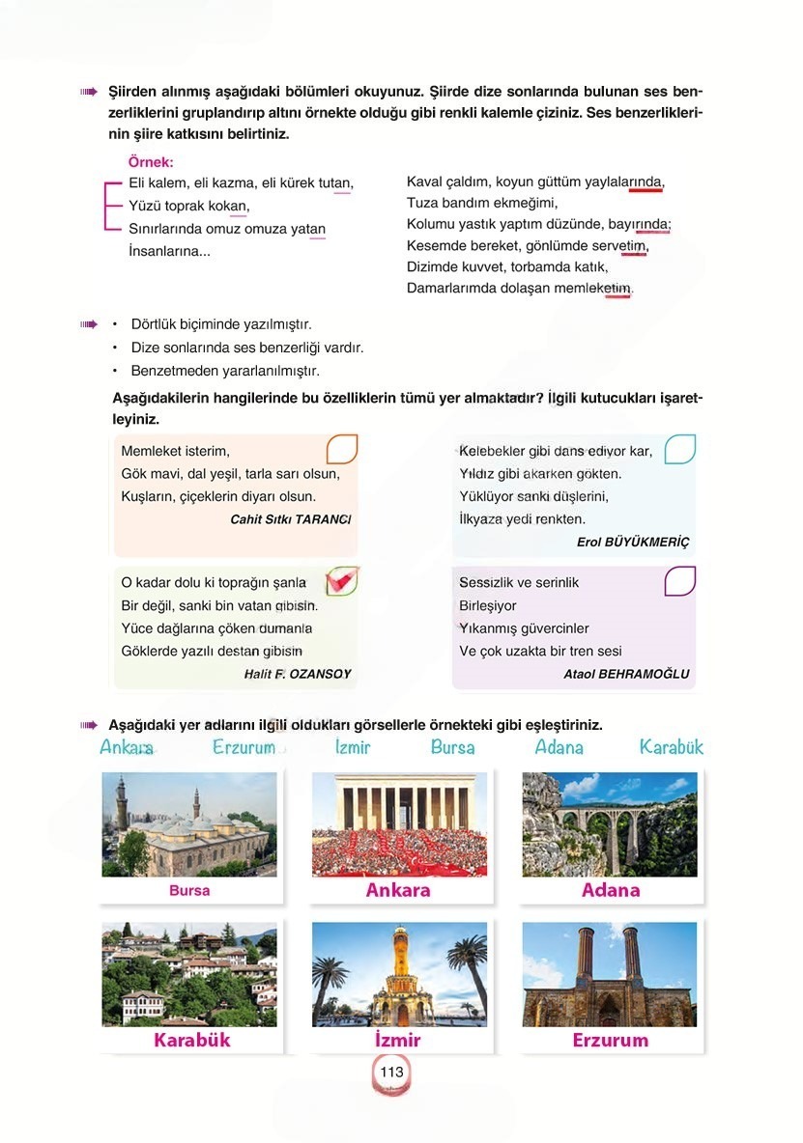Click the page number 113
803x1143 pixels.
[x=391, y=1073]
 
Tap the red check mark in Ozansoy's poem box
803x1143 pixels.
[x=340, y=579]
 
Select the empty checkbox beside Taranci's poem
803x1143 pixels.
[x=342, y=449]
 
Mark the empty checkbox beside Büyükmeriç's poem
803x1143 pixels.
[x=679, y=449]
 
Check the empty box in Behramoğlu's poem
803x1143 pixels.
[x=679, y=580]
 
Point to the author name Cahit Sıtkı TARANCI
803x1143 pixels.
[x=290, y=519]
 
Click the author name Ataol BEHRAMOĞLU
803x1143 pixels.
[x=626, y=675]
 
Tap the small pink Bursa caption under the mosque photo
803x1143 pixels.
[x=189, y=891]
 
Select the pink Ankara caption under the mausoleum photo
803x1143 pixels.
[x=398, y=890]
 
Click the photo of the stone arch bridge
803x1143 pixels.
[x=609, y=823]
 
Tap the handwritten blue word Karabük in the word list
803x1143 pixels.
[x=671, y=747]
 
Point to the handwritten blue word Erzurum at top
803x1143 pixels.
[x=244, y=747]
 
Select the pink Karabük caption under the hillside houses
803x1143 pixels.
[x=191, y=1041]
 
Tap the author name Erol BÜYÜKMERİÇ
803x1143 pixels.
[x=633, y=543]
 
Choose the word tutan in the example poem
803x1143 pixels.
[x=333, y=182]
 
